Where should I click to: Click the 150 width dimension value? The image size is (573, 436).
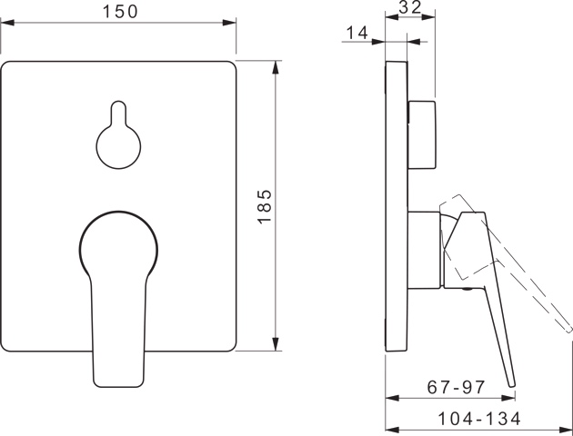click(x=118, y=12)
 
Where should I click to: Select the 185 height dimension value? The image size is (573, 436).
click(x=263, y=206)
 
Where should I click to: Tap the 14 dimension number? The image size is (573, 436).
click(x=357, y=34)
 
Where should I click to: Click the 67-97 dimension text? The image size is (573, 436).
click(x=457, y=388)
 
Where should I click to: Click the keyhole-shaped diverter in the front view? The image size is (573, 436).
click(x=118, y=138)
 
